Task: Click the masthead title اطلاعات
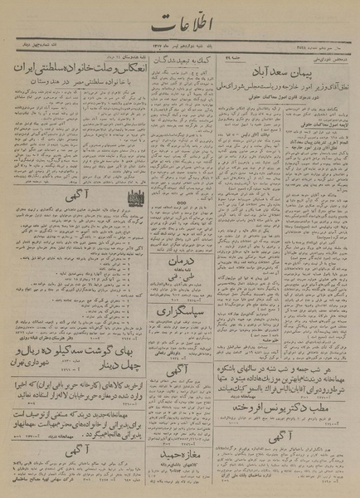pos(179,23)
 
